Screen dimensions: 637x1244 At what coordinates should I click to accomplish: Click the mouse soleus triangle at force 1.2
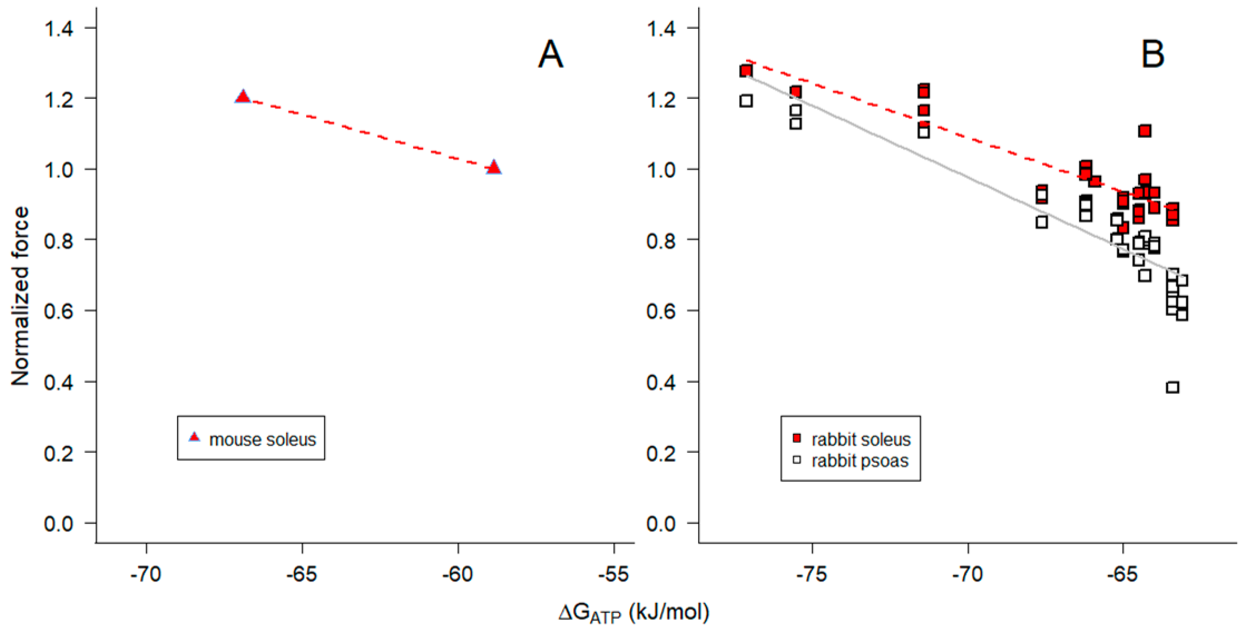click(243, 97)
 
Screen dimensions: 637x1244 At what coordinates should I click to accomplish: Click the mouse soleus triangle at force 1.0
click(493, 167)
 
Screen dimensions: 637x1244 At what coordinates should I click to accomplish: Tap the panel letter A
click(550, 54)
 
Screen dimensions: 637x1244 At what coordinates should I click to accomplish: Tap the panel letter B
click(1153, 54)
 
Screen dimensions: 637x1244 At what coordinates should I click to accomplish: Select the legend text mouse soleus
click(262, 439)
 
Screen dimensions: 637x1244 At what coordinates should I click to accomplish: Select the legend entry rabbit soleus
click(861, 439)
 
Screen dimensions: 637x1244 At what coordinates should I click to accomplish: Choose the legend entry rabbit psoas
click(860, 461)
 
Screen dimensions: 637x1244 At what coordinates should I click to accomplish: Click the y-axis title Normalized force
click(20, 296)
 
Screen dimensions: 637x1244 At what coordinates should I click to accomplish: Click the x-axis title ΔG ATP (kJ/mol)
click(634, 613)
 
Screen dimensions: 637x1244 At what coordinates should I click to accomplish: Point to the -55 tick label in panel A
click(613, 574)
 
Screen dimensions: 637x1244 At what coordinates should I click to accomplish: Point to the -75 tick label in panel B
click(812, 574)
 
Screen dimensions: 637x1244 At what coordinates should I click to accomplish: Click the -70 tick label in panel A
click(146, 574)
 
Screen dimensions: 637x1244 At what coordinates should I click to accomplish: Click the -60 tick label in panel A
click(457, 574)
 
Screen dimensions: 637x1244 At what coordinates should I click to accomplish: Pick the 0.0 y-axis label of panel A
click(58, 524)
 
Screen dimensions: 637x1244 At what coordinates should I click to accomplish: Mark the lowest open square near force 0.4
click(1173, 387)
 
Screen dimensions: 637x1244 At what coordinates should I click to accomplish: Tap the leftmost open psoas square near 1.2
click(746, 101)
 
